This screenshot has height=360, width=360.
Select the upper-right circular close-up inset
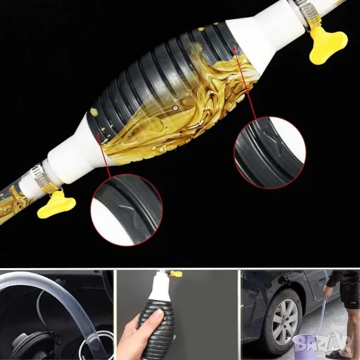click(270, 152)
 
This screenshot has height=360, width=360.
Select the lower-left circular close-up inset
click(127, 210)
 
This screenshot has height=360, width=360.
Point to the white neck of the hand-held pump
click(161, 286)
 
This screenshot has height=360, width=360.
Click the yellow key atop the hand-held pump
click(176, 274)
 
